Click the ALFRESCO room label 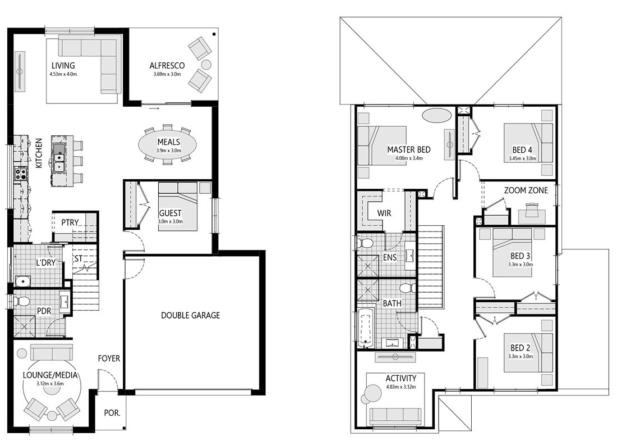[x=167, y=66]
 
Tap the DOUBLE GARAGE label [x=191, y=315]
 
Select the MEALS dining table [x=168, y=144]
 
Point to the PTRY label [x=70, y=222]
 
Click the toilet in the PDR [x=21, y=302]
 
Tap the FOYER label [x=109, y=358]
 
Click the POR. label [x=112, y=413]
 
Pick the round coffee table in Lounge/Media [x=52, y=416]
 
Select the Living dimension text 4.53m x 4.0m [x=63, y=74]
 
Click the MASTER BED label [x=409, y=150]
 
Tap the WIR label [x=384, y=213]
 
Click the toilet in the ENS [x=364, y=244]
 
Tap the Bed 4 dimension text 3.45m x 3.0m [x=522, y=158]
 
